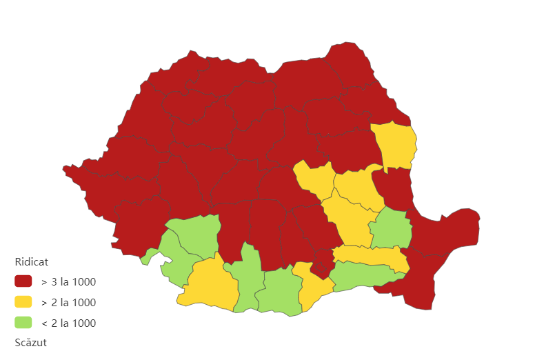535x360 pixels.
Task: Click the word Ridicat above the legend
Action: coord(31,262)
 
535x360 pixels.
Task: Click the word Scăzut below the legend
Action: coord(30,342)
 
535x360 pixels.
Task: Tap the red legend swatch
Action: coord(23,281)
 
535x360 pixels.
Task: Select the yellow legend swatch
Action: coord(23,302)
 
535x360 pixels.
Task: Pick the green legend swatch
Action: coord(23,323)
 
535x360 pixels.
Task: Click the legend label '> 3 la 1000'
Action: coord(68,281)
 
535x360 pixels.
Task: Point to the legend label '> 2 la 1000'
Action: coord(68,302)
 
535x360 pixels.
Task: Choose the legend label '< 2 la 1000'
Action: coord(68,323)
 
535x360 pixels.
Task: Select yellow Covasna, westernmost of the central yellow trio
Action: coord(314,180)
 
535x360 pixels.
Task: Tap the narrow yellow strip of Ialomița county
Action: coord(372,257)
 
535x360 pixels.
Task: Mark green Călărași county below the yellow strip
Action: coord(362,276)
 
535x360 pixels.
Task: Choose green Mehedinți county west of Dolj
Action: coord(172,259)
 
